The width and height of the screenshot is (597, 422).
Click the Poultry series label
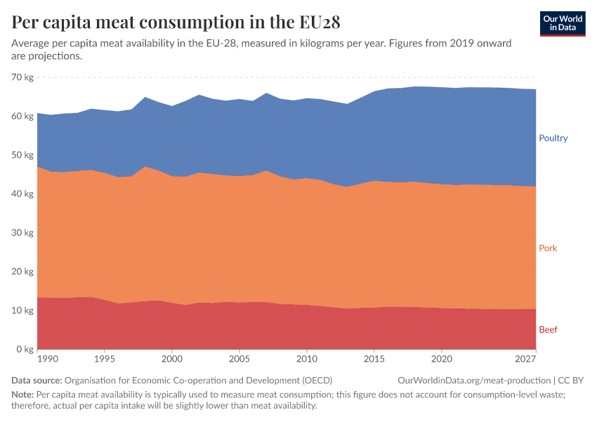point(553,138)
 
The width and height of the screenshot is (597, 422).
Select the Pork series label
point(548,248)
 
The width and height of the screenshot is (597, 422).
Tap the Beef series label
point(548,330)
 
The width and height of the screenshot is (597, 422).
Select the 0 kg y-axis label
point(25,350)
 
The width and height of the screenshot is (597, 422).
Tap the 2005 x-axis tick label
point(239,359)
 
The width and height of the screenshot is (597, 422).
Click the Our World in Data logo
point(563,23)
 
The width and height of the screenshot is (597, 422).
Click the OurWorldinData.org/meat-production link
point(474,381)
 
